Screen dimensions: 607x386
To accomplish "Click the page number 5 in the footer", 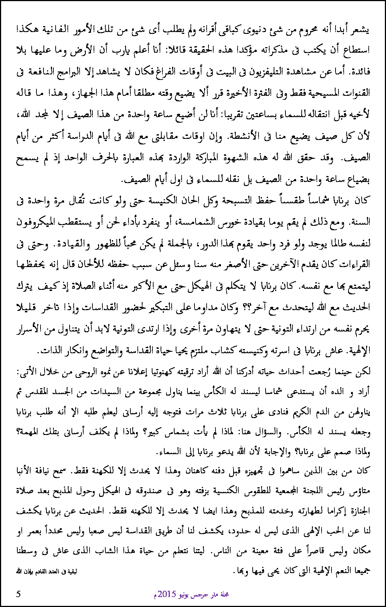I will coord(18,594).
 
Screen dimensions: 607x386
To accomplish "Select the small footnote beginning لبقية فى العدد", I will coord(46,572).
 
